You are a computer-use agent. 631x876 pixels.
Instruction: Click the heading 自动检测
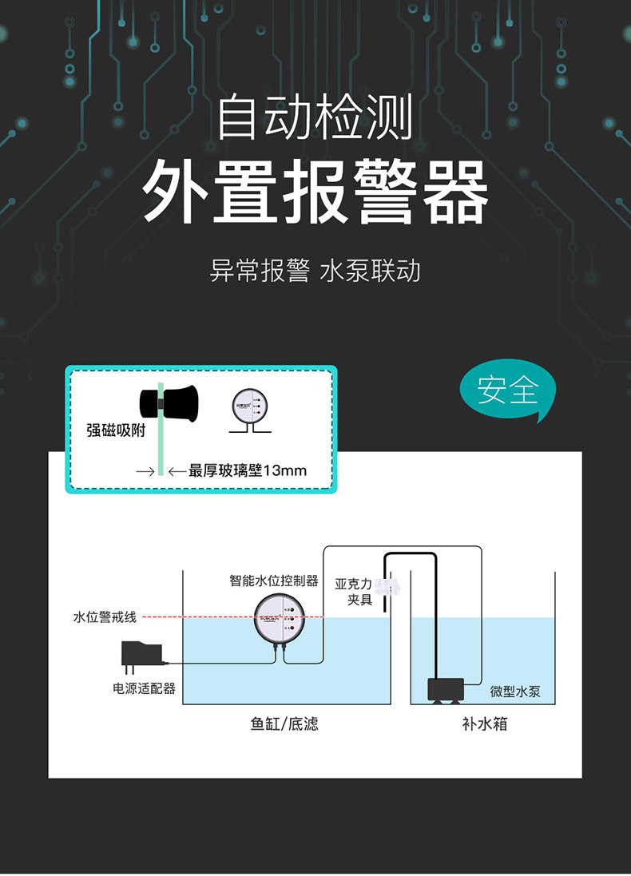tap(315, 117)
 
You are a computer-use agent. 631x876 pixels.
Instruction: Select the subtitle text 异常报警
tap(259, 271)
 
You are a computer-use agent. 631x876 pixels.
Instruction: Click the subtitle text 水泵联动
tap(369, 271)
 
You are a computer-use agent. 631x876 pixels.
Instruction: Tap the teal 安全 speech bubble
tap(508, 391)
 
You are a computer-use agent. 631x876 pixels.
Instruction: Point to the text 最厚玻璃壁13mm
tap(248, 470)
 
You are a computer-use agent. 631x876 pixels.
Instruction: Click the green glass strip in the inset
tap(161, 447)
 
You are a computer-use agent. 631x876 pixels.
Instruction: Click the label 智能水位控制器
tap(274, 581)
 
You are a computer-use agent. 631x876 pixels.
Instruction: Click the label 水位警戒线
tap(105, 616)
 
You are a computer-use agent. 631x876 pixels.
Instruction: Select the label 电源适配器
tap(144, 688)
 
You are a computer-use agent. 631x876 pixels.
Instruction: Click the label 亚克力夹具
tap(353, 592)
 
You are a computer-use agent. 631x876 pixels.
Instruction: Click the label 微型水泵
tap(515, 692)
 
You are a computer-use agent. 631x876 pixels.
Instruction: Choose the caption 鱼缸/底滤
tap(284, 724)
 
